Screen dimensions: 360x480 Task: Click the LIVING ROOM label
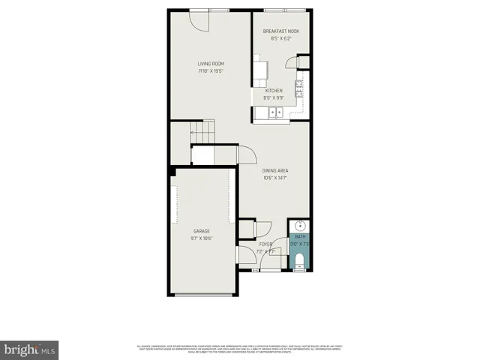point(211,64)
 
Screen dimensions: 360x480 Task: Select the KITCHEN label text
point(273,91)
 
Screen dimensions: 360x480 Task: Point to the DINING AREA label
point(275,171)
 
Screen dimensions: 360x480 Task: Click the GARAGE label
point(201,231)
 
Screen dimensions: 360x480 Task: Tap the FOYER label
point(265,244)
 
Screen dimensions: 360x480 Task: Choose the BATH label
point(299,237)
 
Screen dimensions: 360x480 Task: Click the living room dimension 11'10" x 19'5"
point(211,71)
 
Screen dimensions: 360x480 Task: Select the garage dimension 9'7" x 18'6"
point(201,238)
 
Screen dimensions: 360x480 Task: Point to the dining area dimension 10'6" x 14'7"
point(275,178)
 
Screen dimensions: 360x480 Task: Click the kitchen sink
point(273,113)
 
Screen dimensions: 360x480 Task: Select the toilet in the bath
point(299,261)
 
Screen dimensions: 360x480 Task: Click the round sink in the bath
point(299,224)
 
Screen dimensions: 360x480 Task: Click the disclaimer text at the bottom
point(240,349)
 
